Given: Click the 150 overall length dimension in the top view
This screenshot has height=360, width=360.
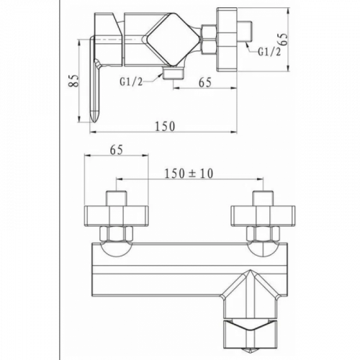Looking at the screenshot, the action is [165, 127].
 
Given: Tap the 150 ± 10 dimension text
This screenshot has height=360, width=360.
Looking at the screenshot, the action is [189, 174].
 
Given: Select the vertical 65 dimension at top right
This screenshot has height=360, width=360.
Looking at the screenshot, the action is [284, 39].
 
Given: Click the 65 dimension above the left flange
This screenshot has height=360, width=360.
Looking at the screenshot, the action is [117, 150].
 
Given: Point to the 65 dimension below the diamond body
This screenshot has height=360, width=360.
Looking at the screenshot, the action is [205, 82].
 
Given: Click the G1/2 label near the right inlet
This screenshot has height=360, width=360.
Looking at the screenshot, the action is [269, 52].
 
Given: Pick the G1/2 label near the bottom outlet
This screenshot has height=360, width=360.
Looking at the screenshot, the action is [131, 82].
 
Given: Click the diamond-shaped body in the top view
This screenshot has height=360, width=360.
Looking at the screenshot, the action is [171, 40].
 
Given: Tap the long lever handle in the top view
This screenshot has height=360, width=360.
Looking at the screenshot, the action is [94, 79].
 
